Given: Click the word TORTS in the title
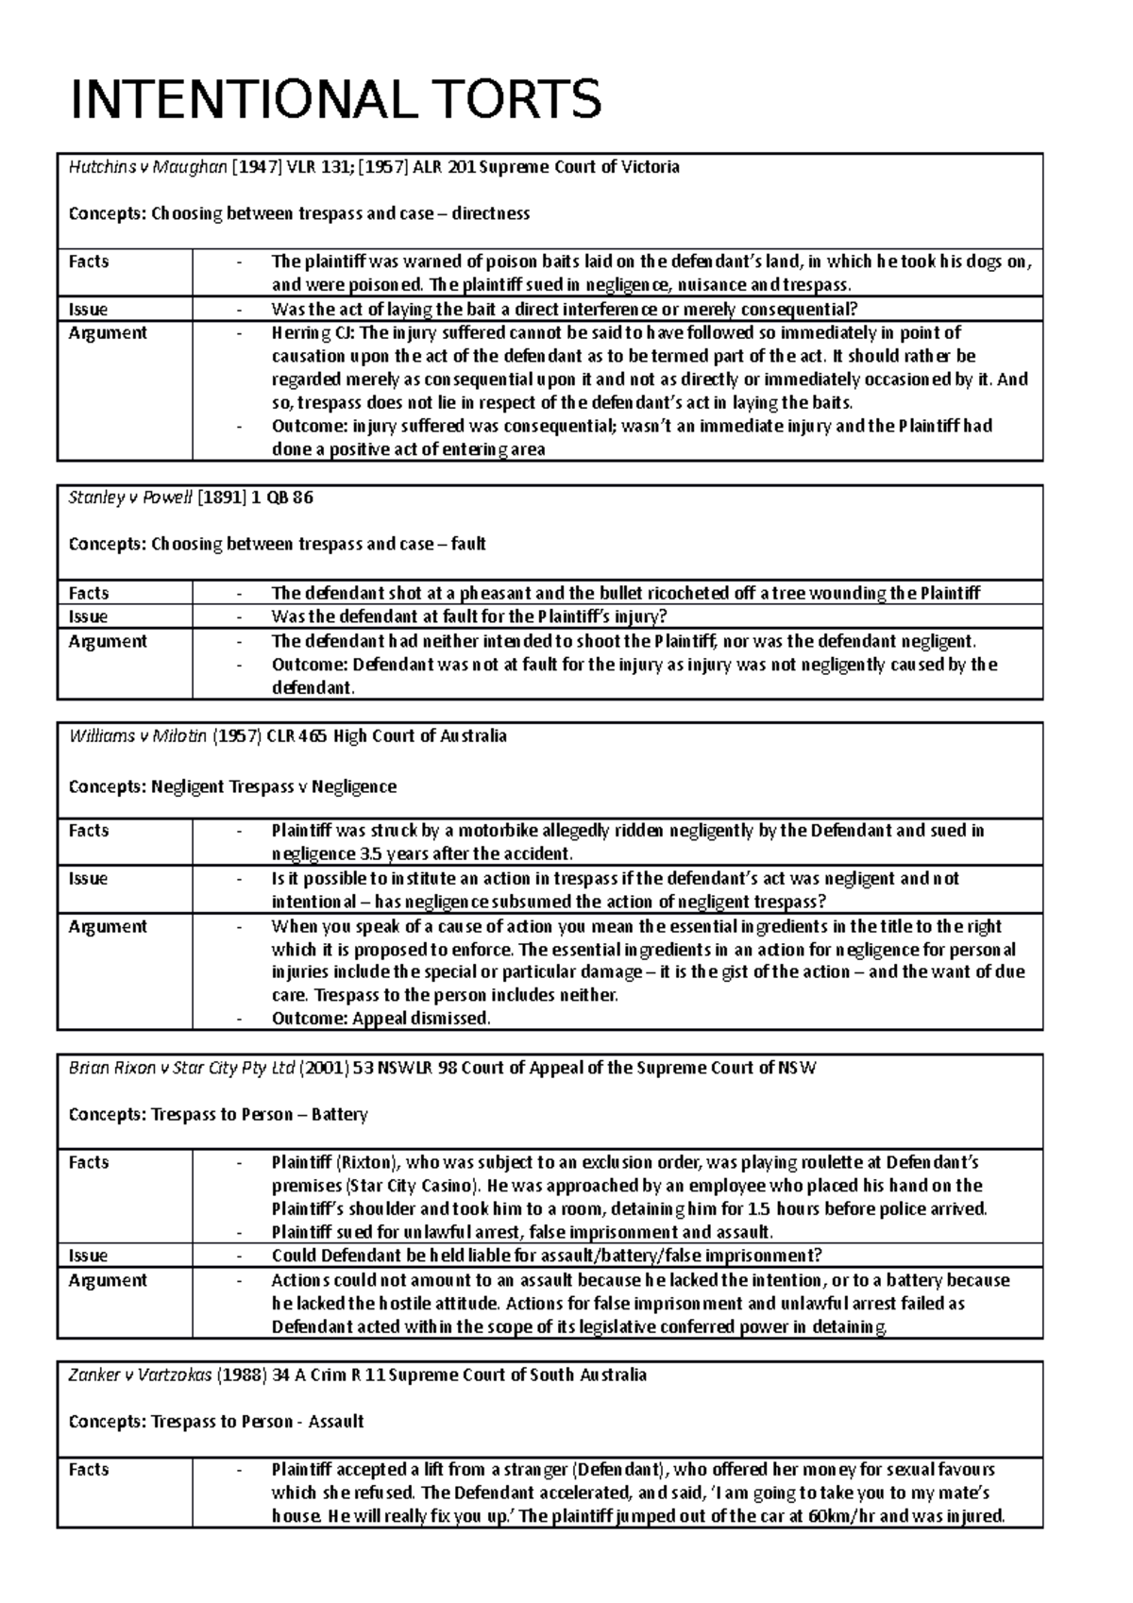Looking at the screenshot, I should point(509,99).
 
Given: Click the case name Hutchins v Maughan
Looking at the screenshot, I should point(147,167).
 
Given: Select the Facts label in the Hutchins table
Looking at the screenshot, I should point(89,262).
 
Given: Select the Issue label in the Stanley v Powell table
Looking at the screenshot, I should point(88,616).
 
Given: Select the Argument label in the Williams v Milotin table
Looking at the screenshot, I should point(108,926).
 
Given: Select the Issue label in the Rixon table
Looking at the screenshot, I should point(88,1256).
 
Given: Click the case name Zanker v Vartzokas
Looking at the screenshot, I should point(140,1375).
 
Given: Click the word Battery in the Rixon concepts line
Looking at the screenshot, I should point(340,1115).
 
